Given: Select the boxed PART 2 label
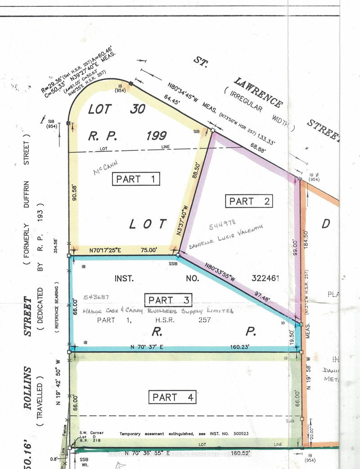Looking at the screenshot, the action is (249, 201).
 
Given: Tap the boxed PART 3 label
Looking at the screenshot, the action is (168, 300).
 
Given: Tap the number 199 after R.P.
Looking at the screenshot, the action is (153, 135).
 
